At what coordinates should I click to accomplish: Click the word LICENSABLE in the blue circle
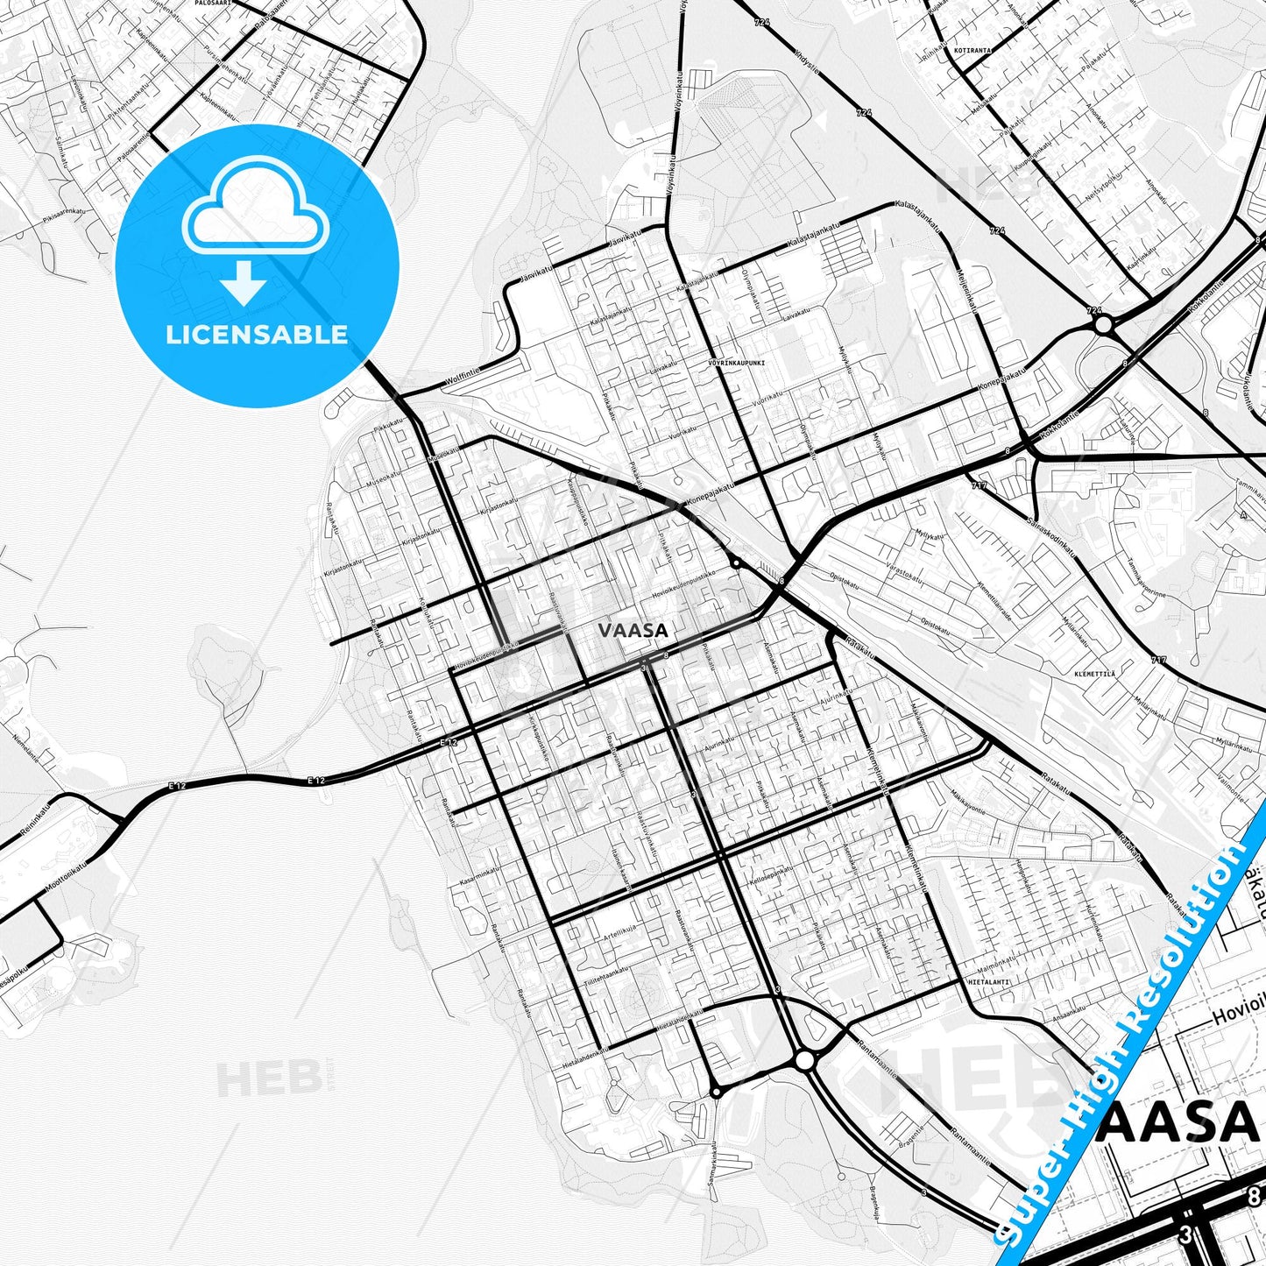pos(257,335)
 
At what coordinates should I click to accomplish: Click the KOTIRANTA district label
pos(973,51)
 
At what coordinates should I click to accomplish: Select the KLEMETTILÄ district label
pos(1094,674)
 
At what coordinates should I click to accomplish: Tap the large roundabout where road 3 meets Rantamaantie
pos(804,1061)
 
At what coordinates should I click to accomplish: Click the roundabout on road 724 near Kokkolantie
pos(1103,325)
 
